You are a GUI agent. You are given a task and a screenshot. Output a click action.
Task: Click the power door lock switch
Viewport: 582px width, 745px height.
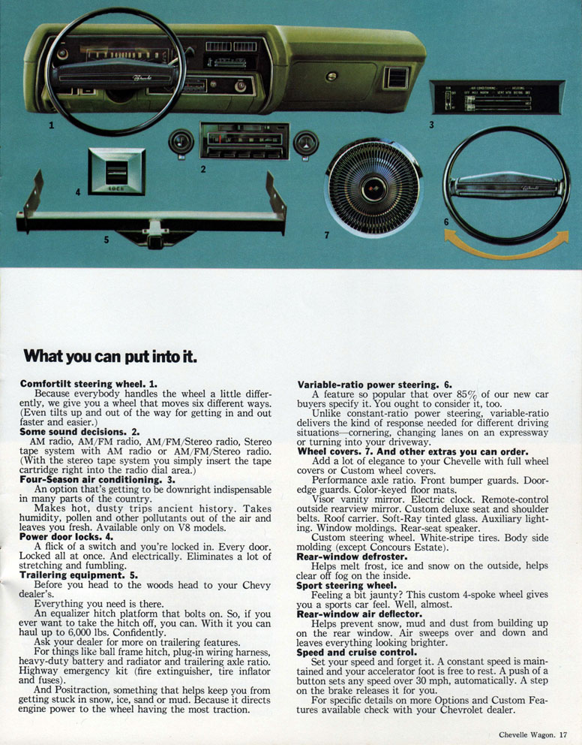(x=116, y=170)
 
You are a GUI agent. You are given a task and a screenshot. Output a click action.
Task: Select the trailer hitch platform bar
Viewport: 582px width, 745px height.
(x=150, y=220)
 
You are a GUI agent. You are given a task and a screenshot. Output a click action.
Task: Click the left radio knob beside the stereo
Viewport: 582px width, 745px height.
(x=181, y=142)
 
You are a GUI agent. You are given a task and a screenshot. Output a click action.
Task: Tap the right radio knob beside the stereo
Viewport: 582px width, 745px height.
(x=305, y=142)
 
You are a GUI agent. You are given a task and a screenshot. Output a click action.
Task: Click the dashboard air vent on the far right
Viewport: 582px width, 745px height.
(x=395, y=77)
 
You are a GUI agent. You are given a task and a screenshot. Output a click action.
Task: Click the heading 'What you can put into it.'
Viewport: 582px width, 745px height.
(x=109, y=356)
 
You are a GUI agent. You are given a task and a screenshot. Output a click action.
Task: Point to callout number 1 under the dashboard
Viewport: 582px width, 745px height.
(x=51, y=125)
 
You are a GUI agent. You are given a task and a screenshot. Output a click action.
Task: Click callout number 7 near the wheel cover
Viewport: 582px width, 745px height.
(x=326, y=235)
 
